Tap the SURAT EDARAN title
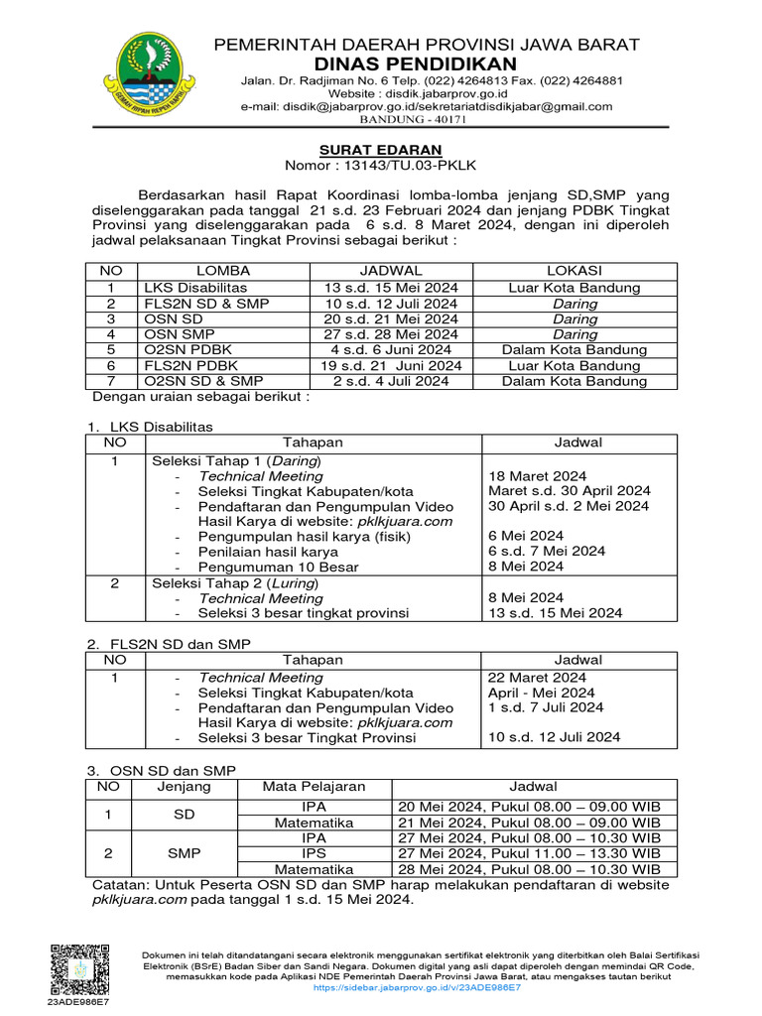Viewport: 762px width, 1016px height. (x=381, y=149)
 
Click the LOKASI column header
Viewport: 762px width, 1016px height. (x=575, y=271)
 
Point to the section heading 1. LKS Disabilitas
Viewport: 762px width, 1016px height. (x=151, y=427)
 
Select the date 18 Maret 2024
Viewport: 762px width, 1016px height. (x=537, y=475)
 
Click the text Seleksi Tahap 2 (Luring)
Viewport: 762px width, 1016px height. (x=236, y=582)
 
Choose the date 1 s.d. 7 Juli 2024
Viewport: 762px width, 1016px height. (x=546, y=707)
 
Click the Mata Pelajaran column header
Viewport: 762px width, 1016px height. (x=314, y=786)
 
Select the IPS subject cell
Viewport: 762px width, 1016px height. (x=314, y=852)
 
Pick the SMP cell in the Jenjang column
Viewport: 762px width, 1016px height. (x=184, y=852)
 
